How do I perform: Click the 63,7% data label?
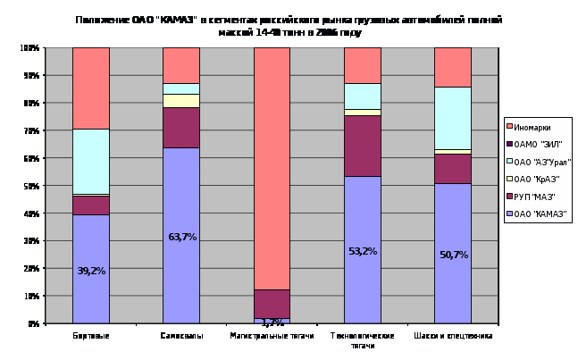pos(181,237)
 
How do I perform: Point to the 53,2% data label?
pos(362,251)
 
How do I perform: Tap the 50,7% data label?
pos(452,255)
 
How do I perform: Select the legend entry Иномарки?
pos(533,128)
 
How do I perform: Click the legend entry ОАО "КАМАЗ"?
pos(540,213)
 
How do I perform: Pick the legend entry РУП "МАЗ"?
pos(536,196)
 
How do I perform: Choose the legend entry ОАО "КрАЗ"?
pos(538,179)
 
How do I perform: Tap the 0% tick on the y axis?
pos(32,323)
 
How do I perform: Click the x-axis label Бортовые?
pos(91,336)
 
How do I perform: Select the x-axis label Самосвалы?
pos(181,336)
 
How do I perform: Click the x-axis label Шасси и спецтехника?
pos(452,336)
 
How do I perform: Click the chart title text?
pos(289,25)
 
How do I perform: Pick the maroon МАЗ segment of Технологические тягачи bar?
pos(362,146)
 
